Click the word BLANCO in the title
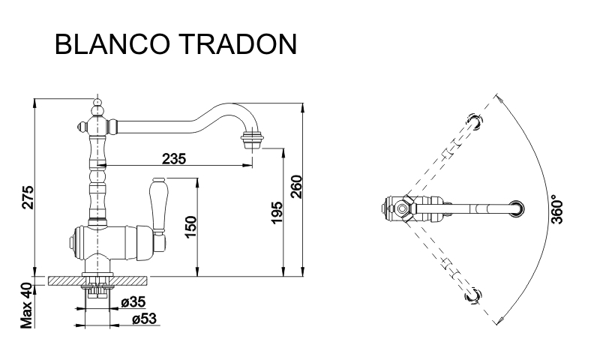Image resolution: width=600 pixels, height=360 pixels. point(112,44)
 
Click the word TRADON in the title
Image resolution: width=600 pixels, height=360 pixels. point(238,44)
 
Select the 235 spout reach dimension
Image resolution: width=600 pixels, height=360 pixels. point(174,158)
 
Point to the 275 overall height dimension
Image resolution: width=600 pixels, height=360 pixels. point(28,197)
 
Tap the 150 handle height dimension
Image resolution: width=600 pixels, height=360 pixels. point(190,227)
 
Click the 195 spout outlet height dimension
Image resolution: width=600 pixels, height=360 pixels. point(276,213)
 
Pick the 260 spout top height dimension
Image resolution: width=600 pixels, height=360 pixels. point(296,187)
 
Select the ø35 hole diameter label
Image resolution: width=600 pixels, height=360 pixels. point(133,302)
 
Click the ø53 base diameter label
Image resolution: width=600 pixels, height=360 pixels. point(145,319)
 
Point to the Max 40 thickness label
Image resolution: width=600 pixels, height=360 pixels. point(27,306)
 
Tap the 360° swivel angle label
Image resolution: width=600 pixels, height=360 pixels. point(557,210)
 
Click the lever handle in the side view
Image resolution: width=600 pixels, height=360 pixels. point(158,205)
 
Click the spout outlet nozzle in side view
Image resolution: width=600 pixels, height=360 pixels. point(252,139)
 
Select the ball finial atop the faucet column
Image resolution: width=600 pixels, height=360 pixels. point(98,103)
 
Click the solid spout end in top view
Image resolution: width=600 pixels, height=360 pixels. point(516,209)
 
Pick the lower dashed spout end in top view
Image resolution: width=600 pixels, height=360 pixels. point(473,296)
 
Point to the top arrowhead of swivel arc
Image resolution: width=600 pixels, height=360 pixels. point(498,98)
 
